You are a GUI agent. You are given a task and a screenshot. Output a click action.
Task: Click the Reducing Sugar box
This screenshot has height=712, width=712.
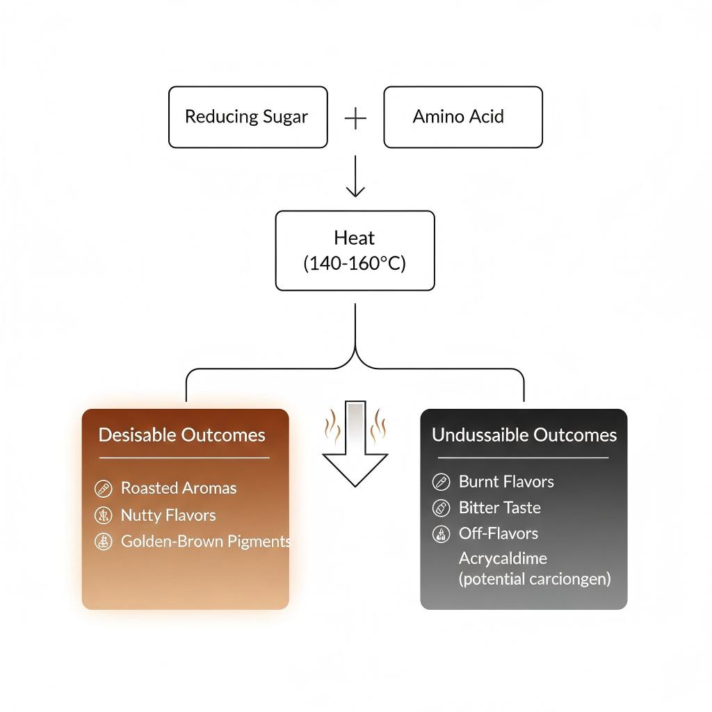[248, 117]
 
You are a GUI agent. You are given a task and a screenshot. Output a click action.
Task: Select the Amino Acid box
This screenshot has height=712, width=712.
[462, 117]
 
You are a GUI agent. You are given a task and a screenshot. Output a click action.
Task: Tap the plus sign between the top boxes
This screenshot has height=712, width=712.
[355, 118]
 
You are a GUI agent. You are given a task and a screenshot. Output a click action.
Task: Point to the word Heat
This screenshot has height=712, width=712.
[355, 238]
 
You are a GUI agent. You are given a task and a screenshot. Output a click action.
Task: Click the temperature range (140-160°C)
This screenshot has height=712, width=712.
[355, 264]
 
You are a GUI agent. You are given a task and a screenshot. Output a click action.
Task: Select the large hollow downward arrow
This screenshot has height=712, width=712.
[355, 445]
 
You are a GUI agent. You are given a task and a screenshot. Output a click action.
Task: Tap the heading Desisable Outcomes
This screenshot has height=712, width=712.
[182, 435]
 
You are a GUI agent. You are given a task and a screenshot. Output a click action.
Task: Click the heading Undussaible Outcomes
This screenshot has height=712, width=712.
[524, 435]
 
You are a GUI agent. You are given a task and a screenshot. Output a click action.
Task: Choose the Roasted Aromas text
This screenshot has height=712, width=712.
[179, 488]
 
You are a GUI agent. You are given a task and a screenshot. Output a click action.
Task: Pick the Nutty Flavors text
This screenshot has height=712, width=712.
[168, 515]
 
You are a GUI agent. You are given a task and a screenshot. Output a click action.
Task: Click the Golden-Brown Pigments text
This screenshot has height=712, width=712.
[205, 542]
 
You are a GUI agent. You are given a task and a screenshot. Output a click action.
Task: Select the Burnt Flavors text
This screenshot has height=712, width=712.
[506, 481]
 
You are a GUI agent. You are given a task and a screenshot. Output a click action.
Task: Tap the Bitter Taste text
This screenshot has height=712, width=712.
[499, 508]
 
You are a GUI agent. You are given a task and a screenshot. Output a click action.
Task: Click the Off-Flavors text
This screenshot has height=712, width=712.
[498, 533]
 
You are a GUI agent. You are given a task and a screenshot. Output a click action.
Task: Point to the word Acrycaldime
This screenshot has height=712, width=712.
[503, 558]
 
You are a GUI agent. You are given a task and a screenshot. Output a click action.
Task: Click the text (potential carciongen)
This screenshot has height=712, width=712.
[534, 578]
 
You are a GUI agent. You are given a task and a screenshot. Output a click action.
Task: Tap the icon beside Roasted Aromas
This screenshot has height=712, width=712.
[103, 489]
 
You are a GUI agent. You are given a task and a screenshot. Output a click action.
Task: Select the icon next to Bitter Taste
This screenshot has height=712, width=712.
[441, 508]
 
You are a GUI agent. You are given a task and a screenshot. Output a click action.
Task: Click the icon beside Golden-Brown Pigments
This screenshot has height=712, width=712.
[103, 542]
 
